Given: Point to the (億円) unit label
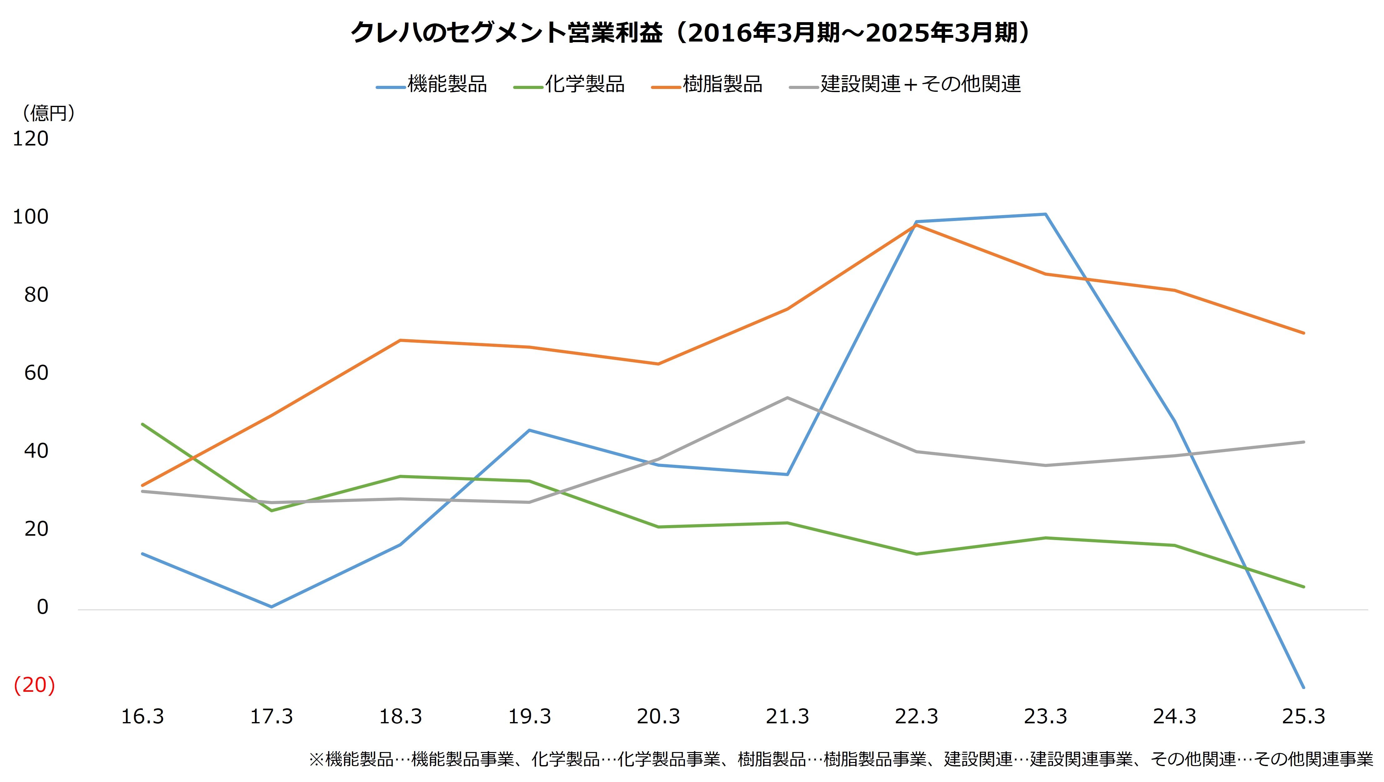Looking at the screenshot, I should point(48,113).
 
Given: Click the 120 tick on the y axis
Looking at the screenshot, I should point(31,139).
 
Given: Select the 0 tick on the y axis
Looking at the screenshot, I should point(42,607).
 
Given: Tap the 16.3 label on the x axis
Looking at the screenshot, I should point(142,716).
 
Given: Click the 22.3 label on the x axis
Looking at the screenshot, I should point(917,716).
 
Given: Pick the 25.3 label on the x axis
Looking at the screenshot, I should point(1303,716).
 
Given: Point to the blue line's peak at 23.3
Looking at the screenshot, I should point(1045,214).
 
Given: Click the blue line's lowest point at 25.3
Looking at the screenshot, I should point(1303,687).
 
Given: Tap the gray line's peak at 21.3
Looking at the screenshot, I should point(787,398).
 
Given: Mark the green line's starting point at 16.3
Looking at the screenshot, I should point(142,424).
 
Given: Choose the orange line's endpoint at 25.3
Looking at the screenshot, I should point(1303,333).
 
